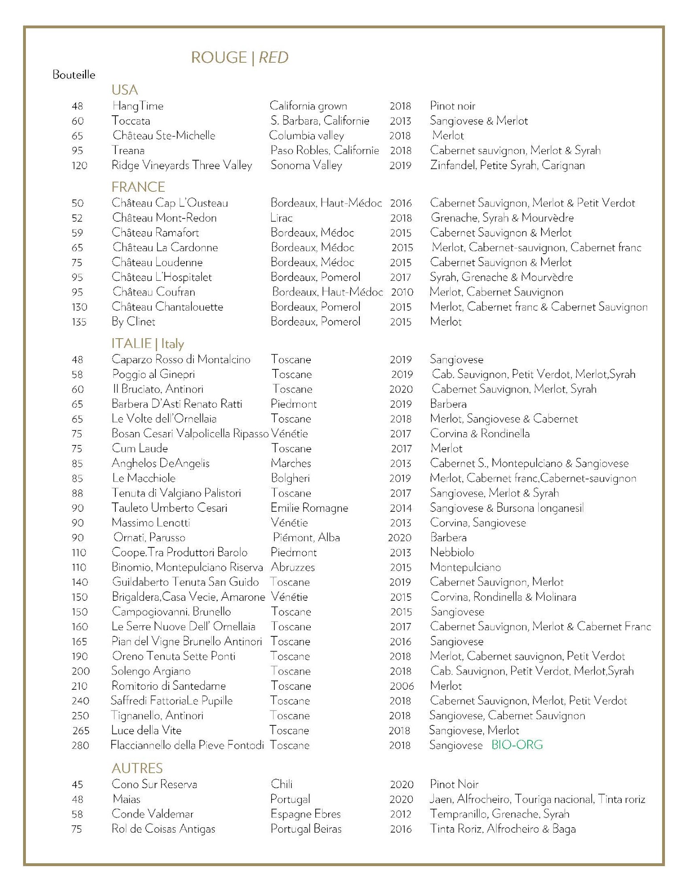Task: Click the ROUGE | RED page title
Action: [x=240, y=57]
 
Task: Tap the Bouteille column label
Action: [x=74, y=75]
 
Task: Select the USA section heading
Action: [x=125, y=90]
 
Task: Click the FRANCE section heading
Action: [x=138, y=186]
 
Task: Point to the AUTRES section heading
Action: [x=137, y=768]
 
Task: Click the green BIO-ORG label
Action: [x=517, y=745]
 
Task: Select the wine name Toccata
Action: [x=131, y=121]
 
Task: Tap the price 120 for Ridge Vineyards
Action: [x=80, y=166]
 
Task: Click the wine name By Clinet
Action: [x=134, y=322]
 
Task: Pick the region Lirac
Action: [x=281, y=218]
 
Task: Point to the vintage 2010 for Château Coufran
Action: [x=402, y=292]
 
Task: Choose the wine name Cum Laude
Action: [x=140, y=448]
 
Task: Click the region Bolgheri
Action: [x=290, y=478]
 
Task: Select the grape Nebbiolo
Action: [x=452, y=552]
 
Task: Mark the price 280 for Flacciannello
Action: [x=80, y=745]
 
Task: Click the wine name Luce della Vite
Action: [x=147, y=730]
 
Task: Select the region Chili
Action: [x=282, y=784]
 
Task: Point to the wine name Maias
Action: [x=126, y=799]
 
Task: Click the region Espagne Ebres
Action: [x=305, y=814]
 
